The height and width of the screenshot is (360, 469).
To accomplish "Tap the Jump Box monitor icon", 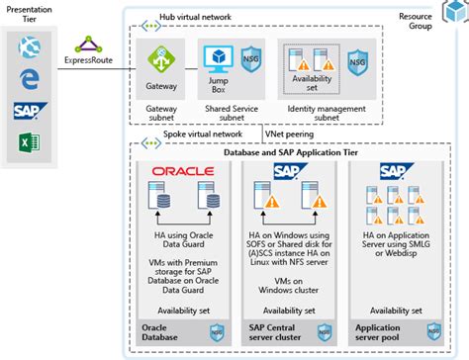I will pos(219,57).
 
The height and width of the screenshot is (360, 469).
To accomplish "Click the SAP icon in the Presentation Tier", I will pos(29,112).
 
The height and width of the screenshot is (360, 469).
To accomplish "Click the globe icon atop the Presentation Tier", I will pos(29,47).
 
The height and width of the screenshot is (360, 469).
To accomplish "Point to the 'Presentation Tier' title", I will pos(29,12).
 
